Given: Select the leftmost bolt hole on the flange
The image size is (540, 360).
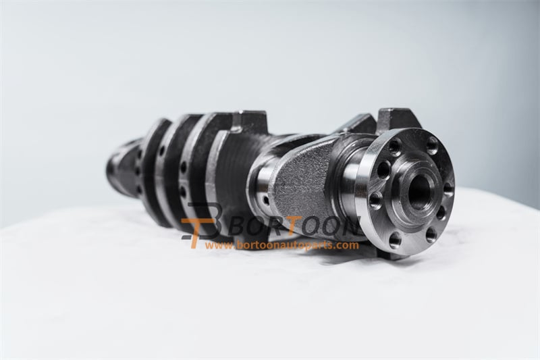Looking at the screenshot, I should point(375,200).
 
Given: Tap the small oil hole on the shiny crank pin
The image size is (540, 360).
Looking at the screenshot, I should point(265,200).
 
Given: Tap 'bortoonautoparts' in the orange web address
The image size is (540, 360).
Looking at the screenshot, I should point(283,245).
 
